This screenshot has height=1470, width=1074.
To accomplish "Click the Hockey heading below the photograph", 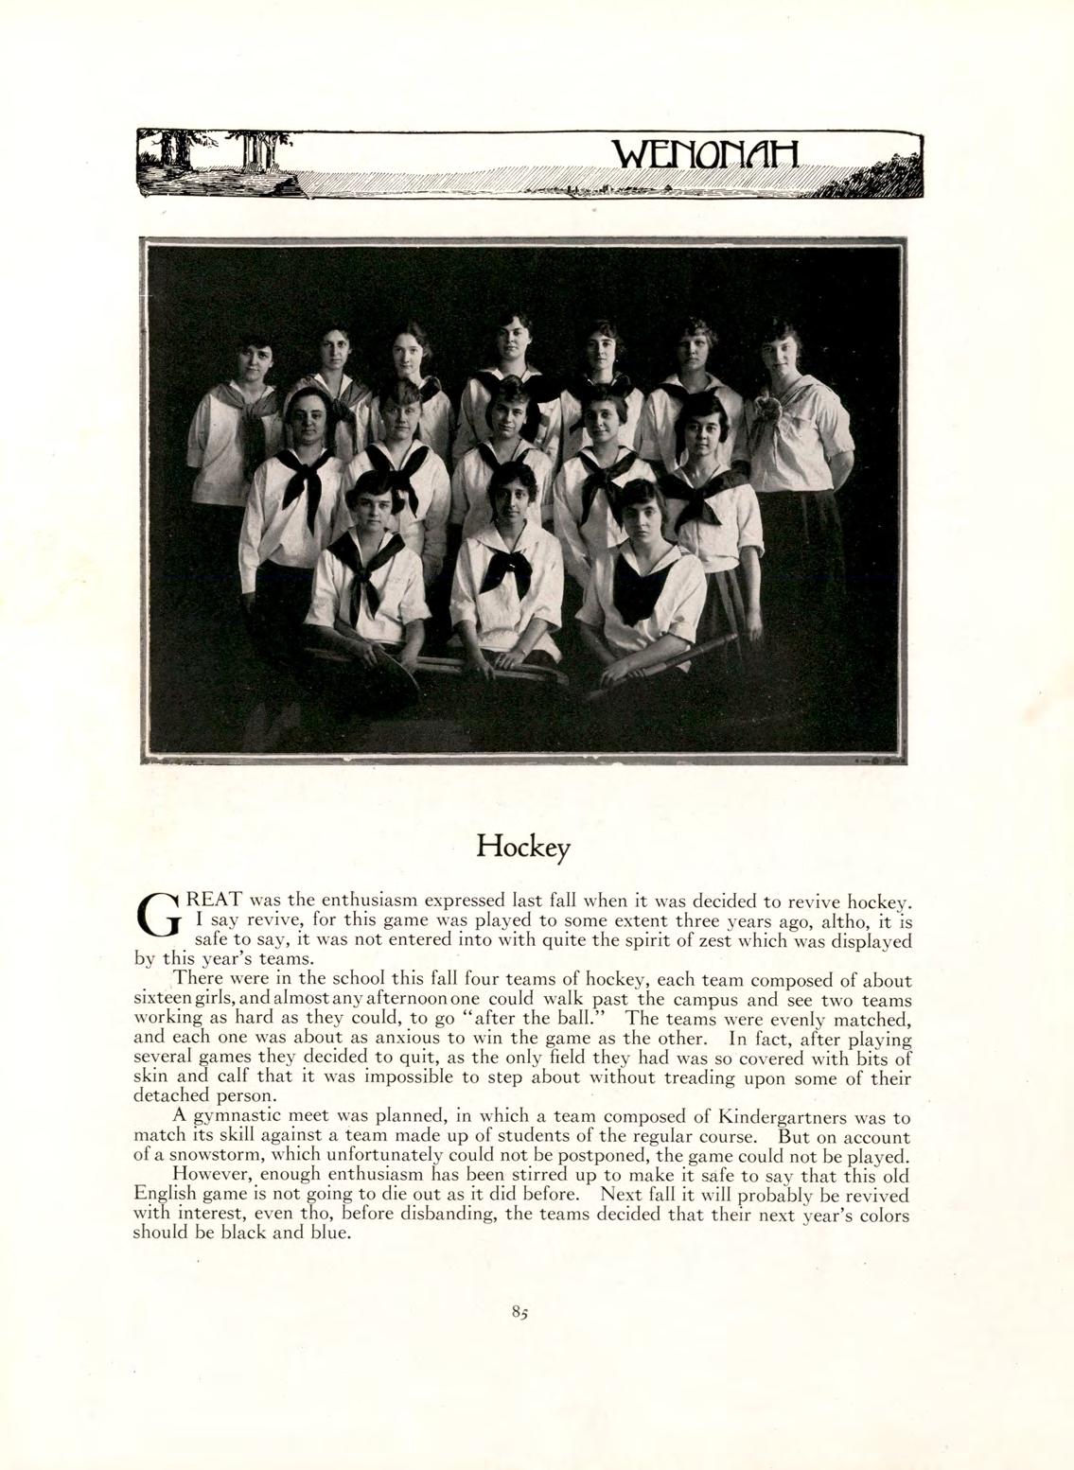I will point(523,845).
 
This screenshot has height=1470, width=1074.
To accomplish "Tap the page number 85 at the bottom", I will point(519,1312).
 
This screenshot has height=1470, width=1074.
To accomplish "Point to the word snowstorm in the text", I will point(202,1157).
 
